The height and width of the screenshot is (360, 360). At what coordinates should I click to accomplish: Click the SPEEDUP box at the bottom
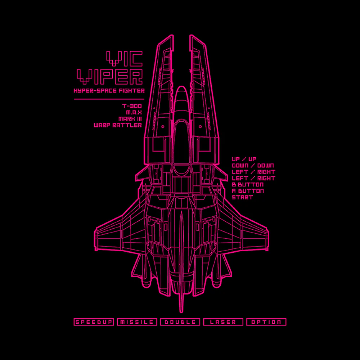pos(94,322)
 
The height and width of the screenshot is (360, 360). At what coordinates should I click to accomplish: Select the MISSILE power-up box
pos(137,322)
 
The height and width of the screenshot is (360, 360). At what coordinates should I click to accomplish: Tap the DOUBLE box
pos(180,322)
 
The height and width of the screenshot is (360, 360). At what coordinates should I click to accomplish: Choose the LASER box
pos(223,322)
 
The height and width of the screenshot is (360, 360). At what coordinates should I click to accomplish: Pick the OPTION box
pos(266,322)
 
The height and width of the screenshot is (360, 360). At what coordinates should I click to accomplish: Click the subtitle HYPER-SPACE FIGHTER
pos(109,91)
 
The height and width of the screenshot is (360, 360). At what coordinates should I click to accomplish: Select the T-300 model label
pos(132,106)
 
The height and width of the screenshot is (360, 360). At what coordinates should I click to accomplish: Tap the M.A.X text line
pos(134,112)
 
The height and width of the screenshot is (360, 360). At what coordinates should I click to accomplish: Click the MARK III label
pos(130,119)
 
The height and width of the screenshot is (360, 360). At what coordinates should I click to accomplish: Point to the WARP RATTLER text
pos(118,125)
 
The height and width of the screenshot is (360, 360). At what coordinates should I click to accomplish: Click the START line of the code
pos(242,197)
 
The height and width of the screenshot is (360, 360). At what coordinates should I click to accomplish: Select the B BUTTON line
pos(248,185)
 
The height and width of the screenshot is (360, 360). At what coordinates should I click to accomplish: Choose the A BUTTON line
pos(248,191)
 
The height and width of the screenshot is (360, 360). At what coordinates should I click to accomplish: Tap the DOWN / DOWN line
pos(253,166)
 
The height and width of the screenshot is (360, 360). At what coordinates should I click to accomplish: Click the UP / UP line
pos(244,159)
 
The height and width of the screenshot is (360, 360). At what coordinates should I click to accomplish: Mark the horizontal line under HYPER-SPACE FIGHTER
pos(109,99)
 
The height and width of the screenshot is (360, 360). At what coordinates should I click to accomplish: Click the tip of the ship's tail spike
pos(181,312)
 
